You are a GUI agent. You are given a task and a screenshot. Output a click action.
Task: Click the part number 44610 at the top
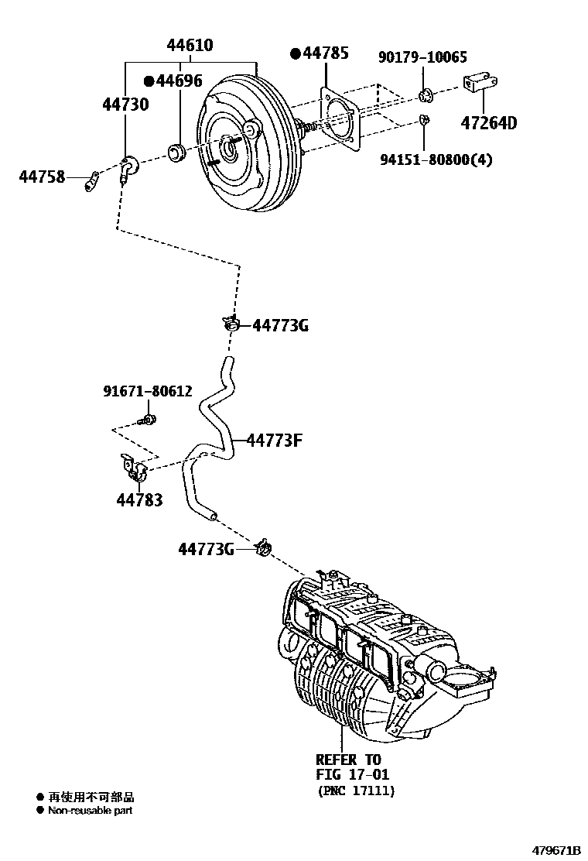pos(190,46)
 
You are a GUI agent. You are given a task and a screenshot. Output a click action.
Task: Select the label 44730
pos(125,104)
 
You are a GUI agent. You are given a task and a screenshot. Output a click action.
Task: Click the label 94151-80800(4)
pos(436,160)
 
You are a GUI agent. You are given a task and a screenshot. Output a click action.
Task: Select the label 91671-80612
pos(148,392)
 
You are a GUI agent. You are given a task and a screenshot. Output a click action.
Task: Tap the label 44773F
pos(274,441)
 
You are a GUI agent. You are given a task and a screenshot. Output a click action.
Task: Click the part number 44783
pos(139,500)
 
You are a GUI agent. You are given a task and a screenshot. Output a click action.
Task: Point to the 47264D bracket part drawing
pos(480,84)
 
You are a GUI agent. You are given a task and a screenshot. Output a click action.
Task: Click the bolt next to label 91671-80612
pos(147,420)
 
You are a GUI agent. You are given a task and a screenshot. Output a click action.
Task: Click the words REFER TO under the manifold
pos(348,760)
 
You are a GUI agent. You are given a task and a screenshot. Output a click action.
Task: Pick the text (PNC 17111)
pos(355,791)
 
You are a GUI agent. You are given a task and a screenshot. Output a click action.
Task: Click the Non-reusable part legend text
pos(90,811)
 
